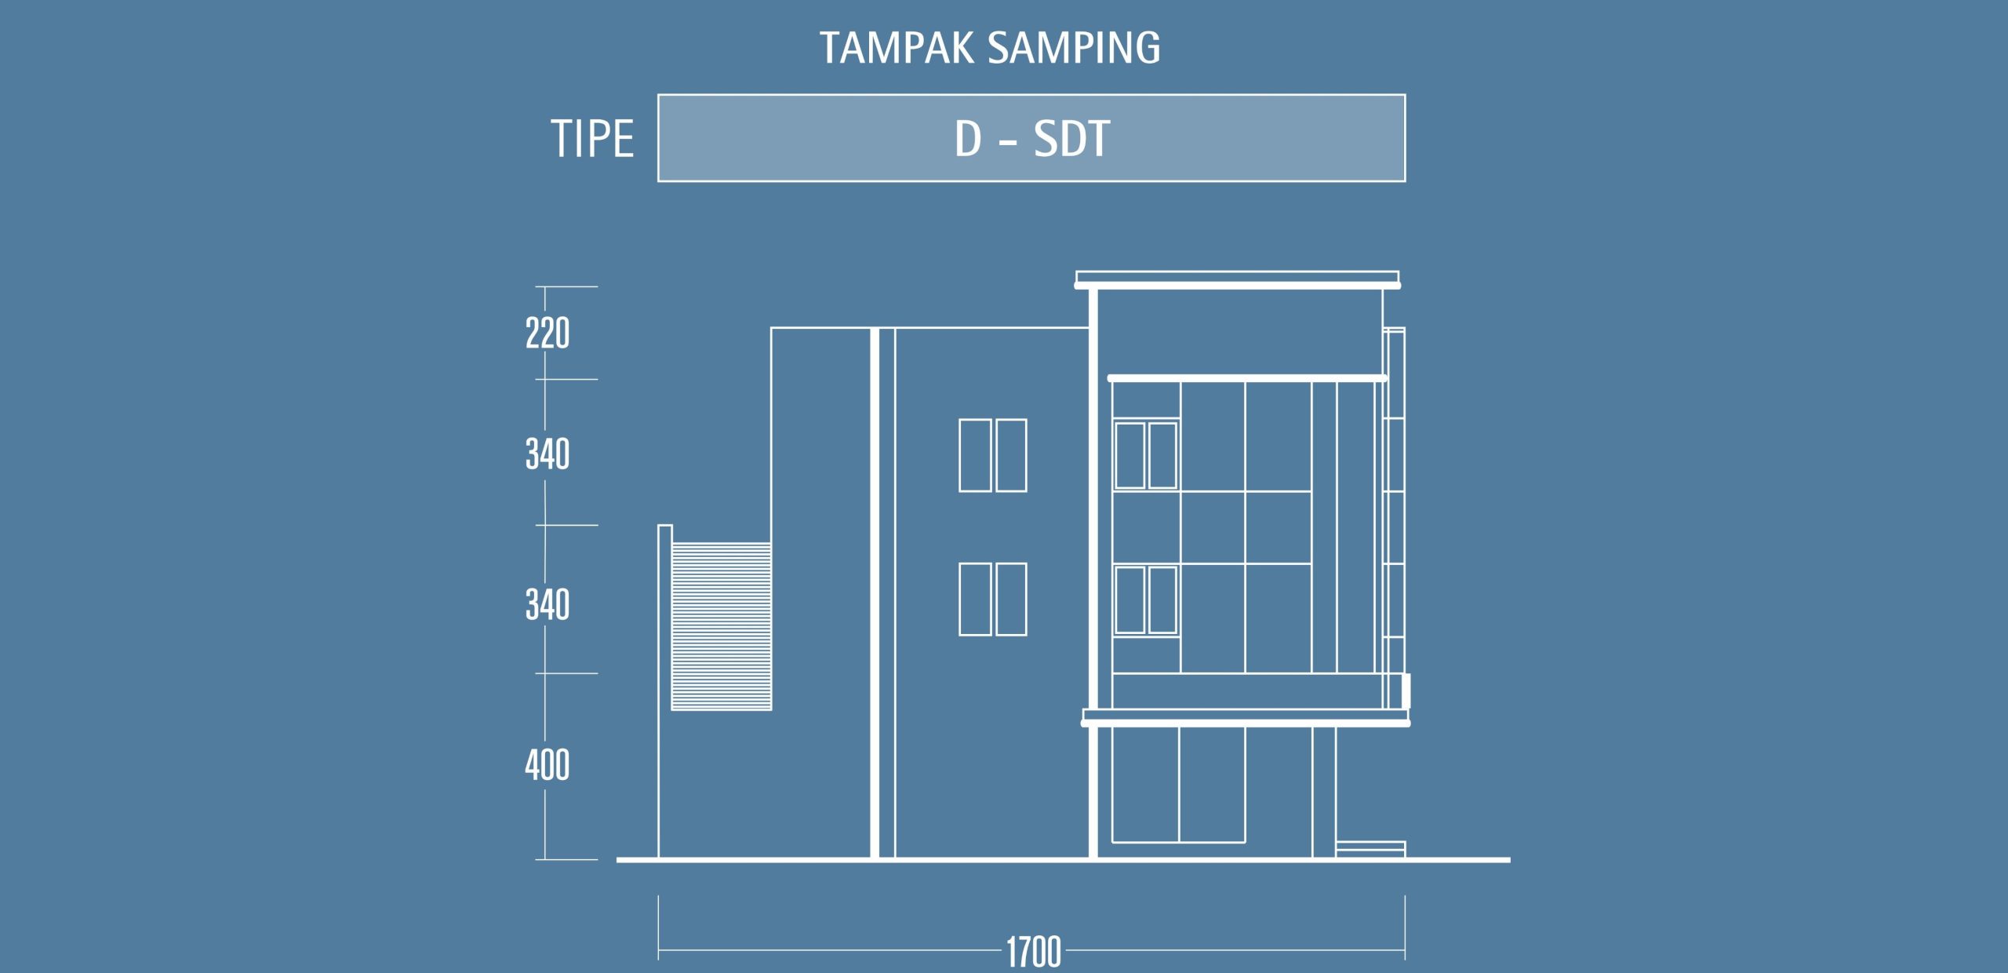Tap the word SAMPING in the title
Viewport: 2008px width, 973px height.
pyautogui.click(x=1075, y=48)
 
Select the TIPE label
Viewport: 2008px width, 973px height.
pyautogui.click(x=592, y=139)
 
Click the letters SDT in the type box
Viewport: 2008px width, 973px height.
pyautogui.click(x=1071, y=139)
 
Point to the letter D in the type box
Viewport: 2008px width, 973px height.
pyautogui.click(x=968, y=139)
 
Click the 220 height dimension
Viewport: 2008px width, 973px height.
pyautogui.click(x=547, y=333)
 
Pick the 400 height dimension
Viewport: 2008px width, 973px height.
pyautogui.click(x=547, y=764)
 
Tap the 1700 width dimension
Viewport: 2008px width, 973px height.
pyautogui.click(x=1034, y=952)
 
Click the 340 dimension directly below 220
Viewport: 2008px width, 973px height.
pyautogui.click(x=547, y=454)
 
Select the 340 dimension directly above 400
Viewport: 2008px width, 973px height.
pyautogui.click(x=547, y=605)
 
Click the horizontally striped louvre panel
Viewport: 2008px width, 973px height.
pyautogui.click(x=722, y=626)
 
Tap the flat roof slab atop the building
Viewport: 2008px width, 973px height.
pyautogui.click(x=1237, y=280)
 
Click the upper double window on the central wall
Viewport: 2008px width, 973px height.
pyautogui.click(x=993, y=455)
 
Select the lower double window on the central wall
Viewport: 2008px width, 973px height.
pyautogui.click(x=993, y=599)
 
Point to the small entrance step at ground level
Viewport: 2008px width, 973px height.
pyautogui.click(x=1370, y=849)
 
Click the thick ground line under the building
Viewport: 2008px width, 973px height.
pyautogui.click(x=1063, y=860)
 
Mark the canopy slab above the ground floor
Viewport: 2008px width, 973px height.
pyautogui.click(x=1246, y=718)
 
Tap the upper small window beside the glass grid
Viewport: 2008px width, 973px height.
pyautogui.click(x=1146, y=455)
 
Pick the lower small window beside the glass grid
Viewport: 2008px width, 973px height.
pyautogui.click(x=1146, y=599)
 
